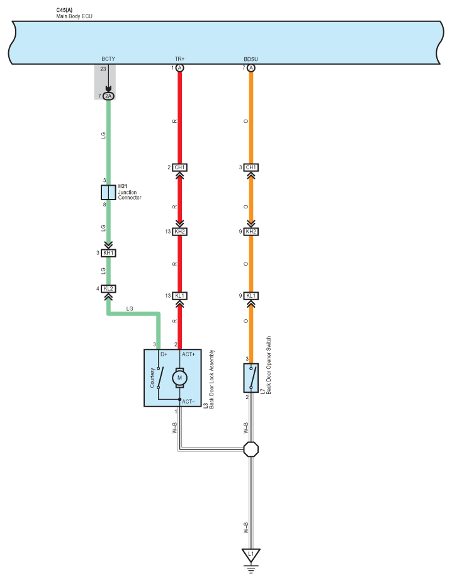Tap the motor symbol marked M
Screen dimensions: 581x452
[179, 378]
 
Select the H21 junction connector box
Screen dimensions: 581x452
[108, 193]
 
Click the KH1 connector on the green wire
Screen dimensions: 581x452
[108, 253]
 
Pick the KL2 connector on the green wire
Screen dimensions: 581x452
[108, 289]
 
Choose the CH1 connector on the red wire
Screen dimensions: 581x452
[179, 167]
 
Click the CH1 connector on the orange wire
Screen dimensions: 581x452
[251, 167]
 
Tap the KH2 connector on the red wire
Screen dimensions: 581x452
[179, 232]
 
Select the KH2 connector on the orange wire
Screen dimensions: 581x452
[251, 232]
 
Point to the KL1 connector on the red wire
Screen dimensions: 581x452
[179, 296]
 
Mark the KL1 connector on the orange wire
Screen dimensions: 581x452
[251, 296]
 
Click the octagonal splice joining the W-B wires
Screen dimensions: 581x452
[251, 449]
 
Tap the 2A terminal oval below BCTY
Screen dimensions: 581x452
[108, 96]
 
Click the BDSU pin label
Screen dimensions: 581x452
[251, 59]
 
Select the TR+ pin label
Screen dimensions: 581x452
[179, 59]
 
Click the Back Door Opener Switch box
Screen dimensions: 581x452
[251, 378]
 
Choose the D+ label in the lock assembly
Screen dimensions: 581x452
[164, 355]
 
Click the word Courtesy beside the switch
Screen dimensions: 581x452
[152, 378]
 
